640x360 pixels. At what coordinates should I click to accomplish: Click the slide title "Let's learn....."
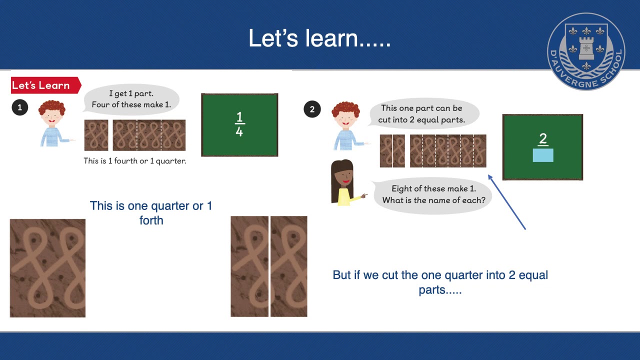point(319,38)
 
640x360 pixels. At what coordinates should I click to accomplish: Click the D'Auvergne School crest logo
point(586,51)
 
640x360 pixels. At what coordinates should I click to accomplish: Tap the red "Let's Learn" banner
point(44,85)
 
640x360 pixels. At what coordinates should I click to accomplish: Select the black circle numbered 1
point(19,107)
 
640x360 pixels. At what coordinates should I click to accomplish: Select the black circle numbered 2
point(312,109)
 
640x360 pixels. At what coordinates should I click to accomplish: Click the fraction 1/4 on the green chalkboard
point(239,124)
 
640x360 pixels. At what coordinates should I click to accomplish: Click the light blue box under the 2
point(543,155)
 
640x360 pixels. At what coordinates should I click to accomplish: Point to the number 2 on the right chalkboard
point(543,139)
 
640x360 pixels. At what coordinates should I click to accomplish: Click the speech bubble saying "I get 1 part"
point(131,99)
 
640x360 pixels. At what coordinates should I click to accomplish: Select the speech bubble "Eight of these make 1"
point(433,194)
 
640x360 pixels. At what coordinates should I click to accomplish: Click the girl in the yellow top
point(343,183)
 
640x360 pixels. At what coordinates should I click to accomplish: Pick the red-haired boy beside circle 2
point(346,125)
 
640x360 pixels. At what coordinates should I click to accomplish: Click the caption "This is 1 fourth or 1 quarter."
point(135,161)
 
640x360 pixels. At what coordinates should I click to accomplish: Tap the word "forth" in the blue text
point(151,220)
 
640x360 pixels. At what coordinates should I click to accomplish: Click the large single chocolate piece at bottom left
point(47,268)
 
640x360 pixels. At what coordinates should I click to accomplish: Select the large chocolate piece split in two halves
point(269,266)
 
